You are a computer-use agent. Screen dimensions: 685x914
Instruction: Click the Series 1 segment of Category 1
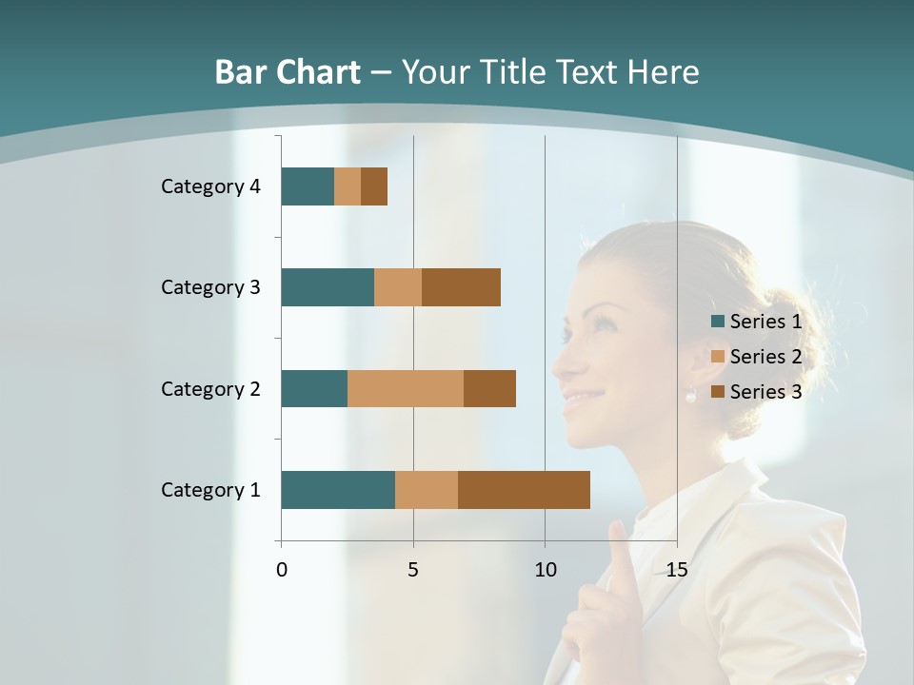point(338,490)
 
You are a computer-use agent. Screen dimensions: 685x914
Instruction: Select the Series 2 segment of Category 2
point(406,388)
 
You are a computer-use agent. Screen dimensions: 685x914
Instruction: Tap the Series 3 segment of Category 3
point(461,287)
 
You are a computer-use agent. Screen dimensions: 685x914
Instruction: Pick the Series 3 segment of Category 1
point(524,490)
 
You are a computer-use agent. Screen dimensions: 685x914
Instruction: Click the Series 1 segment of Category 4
point(308,186)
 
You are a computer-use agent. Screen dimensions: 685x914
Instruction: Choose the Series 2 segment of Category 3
point(398,287)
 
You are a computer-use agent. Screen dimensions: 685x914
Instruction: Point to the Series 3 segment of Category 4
point(374,186)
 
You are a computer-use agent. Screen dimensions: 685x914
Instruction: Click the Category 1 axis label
point(210,490)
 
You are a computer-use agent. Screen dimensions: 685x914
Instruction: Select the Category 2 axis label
point(210,388)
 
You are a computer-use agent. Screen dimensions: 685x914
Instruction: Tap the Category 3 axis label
point(210,287)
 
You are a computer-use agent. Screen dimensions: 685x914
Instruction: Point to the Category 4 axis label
point(210,186)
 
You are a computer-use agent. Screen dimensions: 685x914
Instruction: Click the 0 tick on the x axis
point(282,570)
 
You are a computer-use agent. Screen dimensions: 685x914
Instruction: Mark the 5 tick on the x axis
point(413,570)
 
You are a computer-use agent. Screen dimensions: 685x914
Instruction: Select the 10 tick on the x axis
point(545,570)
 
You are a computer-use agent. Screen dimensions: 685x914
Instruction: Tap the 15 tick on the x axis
point(676,570)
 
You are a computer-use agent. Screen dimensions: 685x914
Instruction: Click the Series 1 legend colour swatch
point(718,322)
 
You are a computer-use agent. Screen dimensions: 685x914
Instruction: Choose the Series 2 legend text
point(765,357)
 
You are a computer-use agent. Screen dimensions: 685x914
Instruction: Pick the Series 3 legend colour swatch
point(718,392)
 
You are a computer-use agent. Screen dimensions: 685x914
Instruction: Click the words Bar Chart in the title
point(288,72)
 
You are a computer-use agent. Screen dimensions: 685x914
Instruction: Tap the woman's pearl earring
point(691,397)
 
